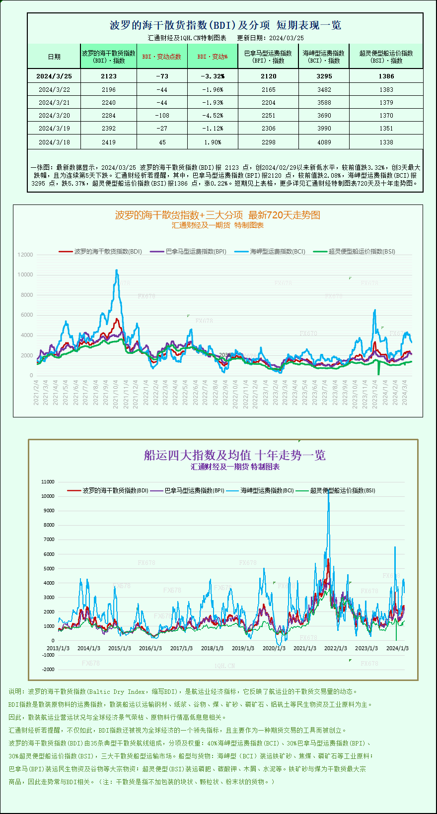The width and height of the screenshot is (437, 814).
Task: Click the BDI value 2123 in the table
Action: [x=108, y=76]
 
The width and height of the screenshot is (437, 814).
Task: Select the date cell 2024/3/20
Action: [x=54, y=115]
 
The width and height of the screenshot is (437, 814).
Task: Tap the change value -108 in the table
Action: [x=162, y=115]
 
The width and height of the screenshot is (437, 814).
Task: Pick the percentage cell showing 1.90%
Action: [x=213, y=142]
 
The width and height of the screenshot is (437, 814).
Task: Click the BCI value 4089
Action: [x=324, y=142]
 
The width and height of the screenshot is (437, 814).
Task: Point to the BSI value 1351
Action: [x=386, y=128]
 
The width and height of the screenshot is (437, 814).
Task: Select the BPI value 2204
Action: [x=268, y=102]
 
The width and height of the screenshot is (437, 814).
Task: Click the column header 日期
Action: [x=54, y=57]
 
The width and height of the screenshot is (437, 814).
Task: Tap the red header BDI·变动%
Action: [x=213, y=57]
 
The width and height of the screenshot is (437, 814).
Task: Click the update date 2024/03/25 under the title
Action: [x=287, y=38]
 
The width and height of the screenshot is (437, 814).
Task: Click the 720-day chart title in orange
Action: [x=218, y=215]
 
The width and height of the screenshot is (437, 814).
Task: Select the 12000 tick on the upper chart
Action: [x=25, y=255]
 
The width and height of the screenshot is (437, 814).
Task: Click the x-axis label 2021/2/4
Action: [x=36, y=393]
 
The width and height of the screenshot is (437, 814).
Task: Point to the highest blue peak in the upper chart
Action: [x=117, y=271]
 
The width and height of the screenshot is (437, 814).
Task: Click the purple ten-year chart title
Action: [x=234, y=455]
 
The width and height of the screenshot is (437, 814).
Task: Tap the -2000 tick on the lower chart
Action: [x=48, y=670]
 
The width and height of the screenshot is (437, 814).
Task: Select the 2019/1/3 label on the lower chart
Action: [x=243, y=648]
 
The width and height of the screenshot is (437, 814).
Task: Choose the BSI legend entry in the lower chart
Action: [x=342, y=490]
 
